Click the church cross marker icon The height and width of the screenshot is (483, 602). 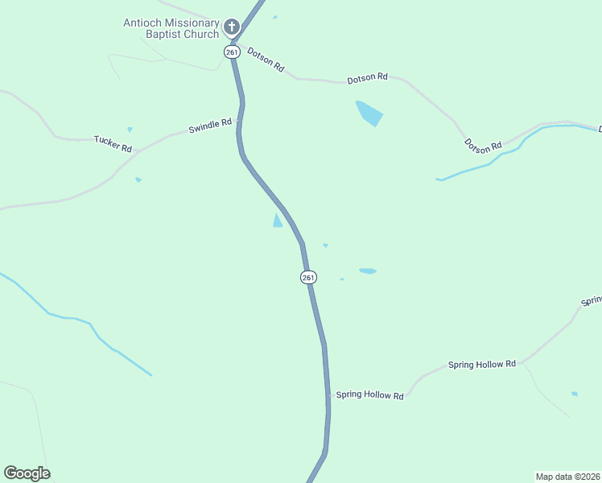(x=232, y=28)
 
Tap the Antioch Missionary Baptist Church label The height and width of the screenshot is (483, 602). (x=171, y=28)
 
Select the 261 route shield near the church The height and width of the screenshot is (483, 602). (x=232, y=52)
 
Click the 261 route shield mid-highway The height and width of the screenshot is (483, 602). (x=309, y=277)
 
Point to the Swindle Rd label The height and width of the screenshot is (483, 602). (x=210, y=126)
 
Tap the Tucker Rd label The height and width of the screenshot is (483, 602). (x=113, y=143)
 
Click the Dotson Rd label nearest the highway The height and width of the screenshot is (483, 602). (x=266, y=60)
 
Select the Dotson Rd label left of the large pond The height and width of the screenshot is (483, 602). (x=367, y=79)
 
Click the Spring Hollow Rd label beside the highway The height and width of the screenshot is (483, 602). (x=369, y=394)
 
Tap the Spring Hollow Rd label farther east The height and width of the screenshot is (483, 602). (x=481, y=365)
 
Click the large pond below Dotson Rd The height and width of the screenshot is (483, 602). (x=369, y=113)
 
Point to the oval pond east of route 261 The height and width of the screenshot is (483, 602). (x=368, y=271)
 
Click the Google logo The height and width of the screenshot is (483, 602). (x=27, y=473)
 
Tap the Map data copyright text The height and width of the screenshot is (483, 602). (x=568, y=477)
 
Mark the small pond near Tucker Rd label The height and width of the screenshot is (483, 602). (x=130, y=129)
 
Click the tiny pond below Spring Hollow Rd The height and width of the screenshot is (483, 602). (x=575, y=394)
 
